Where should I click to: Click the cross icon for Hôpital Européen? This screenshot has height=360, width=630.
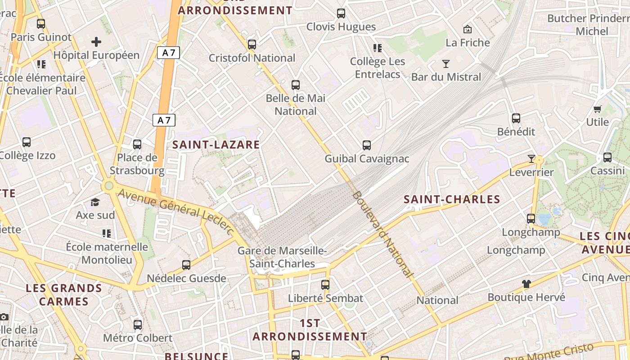pyautogui.click(x=96, y=42)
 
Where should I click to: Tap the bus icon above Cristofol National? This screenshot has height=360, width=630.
pyautogui.click(x=252, y=45)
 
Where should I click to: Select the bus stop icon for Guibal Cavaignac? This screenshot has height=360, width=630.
pyautogui.click(x=367, y=145)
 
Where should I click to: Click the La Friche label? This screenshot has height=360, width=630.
pyautogui.click(x=468, y=43)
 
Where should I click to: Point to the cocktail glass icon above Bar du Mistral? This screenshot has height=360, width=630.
pyautogui.click(x=446, y=64)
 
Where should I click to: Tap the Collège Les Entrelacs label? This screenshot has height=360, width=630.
pyautogui.click(x=378, y=68)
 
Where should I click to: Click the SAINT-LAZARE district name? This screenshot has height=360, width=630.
pyautogui.click(x=216, y=144)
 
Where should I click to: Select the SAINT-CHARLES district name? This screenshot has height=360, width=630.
pyautogui.click(x=452, y=199)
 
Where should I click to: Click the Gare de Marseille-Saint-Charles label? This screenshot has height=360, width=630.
pyautogui.click(x=282, y=257)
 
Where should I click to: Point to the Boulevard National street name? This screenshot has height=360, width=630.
pyautogui.click(x=382, y=234)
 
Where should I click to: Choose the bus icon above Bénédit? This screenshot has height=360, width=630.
pyautogui.click(x=516, y=118)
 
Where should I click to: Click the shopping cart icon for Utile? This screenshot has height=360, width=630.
pyautogui.click(x=598, y=109)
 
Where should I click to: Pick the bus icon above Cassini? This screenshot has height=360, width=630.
pyautogui.click(x=607, y=157)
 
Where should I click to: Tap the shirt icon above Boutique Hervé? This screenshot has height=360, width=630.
pyautogui.click(x=526, y=284)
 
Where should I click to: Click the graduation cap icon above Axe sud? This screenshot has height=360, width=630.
pyautogui.click(x=95, y=202)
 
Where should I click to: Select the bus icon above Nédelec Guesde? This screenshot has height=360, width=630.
pyautogui.click(x=186, y=265)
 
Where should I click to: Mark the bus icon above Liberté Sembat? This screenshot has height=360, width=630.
pyautogui.click(x=325, y=285)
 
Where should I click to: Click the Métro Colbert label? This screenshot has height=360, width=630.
pyautogui.click(x=138, y=338)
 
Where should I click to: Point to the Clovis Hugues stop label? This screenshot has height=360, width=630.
pyautogui.click(x=341, y=27)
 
